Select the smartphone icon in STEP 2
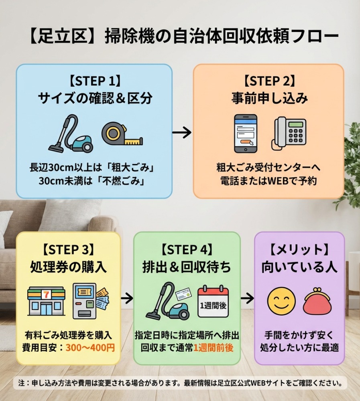click(x=246, y=134)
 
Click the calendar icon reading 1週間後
click(x=214, y=302)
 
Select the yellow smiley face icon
click(x=281, y=302)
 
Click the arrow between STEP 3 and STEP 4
click(x=127, y=298)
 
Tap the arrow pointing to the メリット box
click(x=247, y=298)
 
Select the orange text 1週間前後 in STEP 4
click(x=213, y=347)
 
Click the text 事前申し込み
click(x=269, y=98)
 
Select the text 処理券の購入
click(x=69, y=267)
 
